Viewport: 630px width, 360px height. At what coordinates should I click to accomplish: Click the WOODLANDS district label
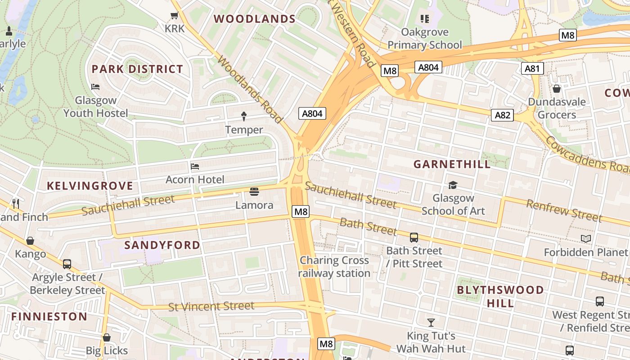coord(254,19)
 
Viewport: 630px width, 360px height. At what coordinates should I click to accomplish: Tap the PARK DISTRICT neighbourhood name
coord(137,69)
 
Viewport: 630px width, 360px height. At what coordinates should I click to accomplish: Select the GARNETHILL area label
coord(452,164)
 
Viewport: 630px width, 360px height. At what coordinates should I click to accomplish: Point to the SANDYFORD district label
coord(162,245)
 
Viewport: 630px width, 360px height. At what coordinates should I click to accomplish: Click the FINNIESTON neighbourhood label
coord(49,316)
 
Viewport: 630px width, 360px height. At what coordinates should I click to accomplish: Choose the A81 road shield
coord(532,68)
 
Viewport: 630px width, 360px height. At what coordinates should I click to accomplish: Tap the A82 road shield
coord(502,115)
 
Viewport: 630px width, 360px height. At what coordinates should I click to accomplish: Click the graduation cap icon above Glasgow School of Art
coord(453,185)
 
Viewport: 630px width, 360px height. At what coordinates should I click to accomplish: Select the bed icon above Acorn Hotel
coord(195,166)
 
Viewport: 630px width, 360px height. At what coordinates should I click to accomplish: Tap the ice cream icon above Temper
coord(244,117)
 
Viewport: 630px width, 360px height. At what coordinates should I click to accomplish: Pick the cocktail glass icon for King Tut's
coord(431,322)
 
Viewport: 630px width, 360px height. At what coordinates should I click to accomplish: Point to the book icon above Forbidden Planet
coord(585,238)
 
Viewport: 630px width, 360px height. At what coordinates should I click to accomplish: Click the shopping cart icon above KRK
coord(175,16)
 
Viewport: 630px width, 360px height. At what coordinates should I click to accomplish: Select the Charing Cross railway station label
coord(334,267)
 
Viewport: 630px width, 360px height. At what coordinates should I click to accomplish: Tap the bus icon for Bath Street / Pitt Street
coord(414,237)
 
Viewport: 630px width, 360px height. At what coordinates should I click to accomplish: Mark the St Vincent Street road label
coord(211,306)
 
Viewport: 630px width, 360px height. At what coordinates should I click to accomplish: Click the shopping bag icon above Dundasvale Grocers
coord(557,89)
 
